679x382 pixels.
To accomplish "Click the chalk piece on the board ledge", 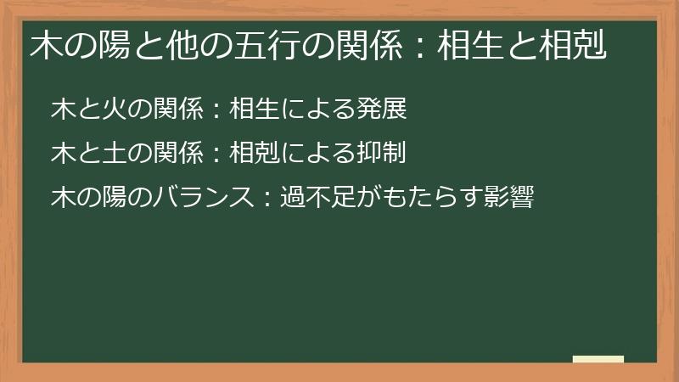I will pyautogui.click(x=598, y=359).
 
